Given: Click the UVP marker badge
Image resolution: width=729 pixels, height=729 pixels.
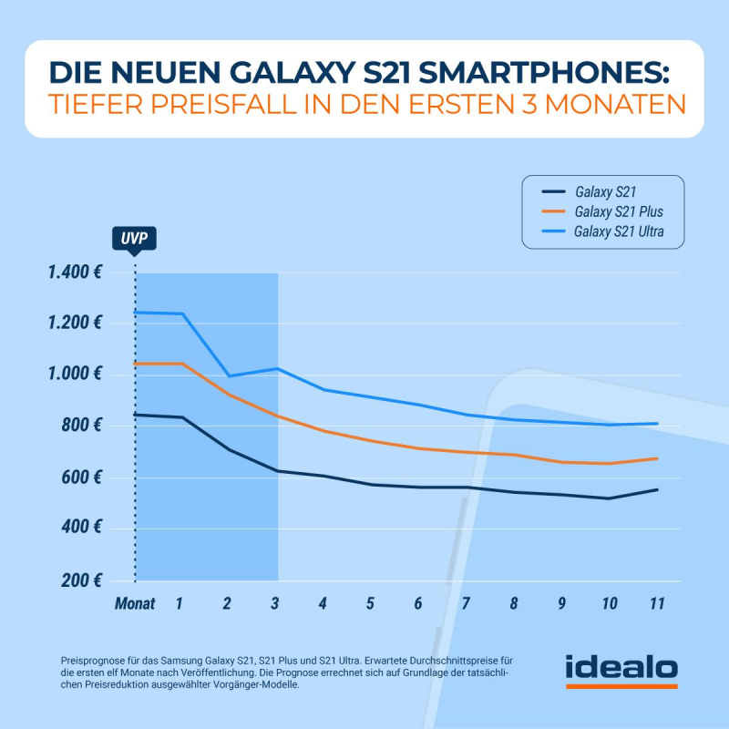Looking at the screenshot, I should tap(135, 240).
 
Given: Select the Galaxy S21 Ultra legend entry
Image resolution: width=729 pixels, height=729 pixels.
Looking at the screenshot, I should tap(618, 231).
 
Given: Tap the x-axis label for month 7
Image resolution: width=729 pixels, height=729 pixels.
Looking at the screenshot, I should tap(467, 603).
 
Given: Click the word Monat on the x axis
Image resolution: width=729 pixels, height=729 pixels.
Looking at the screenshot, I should tap(135, 603).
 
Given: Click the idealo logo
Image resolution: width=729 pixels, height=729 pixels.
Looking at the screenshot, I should tap(621, 670).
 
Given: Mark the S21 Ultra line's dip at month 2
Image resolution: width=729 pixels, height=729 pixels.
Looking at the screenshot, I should tap(228, 375).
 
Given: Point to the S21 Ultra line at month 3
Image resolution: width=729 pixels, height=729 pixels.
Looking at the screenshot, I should tap(277, 368).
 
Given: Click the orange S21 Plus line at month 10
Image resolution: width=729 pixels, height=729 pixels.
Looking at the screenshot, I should tap(609, 464).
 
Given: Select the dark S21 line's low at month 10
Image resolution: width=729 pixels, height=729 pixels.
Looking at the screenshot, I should tap(609, 498).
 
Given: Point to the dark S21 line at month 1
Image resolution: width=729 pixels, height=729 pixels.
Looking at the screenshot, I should tap(181, 417).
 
